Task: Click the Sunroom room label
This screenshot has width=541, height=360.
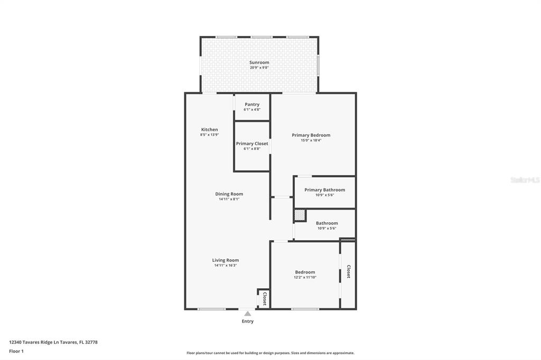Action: [259, 62]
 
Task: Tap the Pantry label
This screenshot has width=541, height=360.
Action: [252, 105]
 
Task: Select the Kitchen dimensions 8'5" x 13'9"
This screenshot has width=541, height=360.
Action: [209, 135]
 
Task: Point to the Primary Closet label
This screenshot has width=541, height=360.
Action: [252, 144]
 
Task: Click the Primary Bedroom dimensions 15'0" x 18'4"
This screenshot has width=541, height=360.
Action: [311, 140]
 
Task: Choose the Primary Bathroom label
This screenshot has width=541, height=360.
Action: [325, 190]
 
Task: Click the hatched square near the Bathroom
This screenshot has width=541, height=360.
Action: [300, 215]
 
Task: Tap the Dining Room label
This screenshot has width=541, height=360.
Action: [229, 194]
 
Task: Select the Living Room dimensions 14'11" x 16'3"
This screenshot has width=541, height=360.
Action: [225, 266]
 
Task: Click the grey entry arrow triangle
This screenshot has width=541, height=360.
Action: [247, 314]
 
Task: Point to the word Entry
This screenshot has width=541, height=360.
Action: [247, 321]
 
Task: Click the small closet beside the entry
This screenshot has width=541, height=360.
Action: [264, 299]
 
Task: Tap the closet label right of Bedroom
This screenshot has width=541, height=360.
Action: [349, 271]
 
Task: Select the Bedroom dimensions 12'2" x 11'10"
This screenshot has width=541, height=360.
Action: [305, 277]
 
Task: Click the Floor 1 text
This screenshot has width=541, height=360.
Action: [16, 352]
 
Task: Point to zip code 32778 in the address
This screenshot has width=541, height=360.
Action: [91, 343]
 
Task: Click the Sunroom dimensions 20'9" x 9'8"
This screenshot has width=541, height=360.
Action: [259, 68]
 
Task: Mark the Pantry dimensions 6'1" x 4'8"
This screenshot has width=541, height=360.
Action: [252, 110]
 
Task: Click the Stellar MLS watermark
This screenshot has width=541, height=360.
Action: [525, 180]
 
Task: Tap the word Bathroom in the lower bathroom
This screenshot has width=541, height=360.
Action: [327, 223]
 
